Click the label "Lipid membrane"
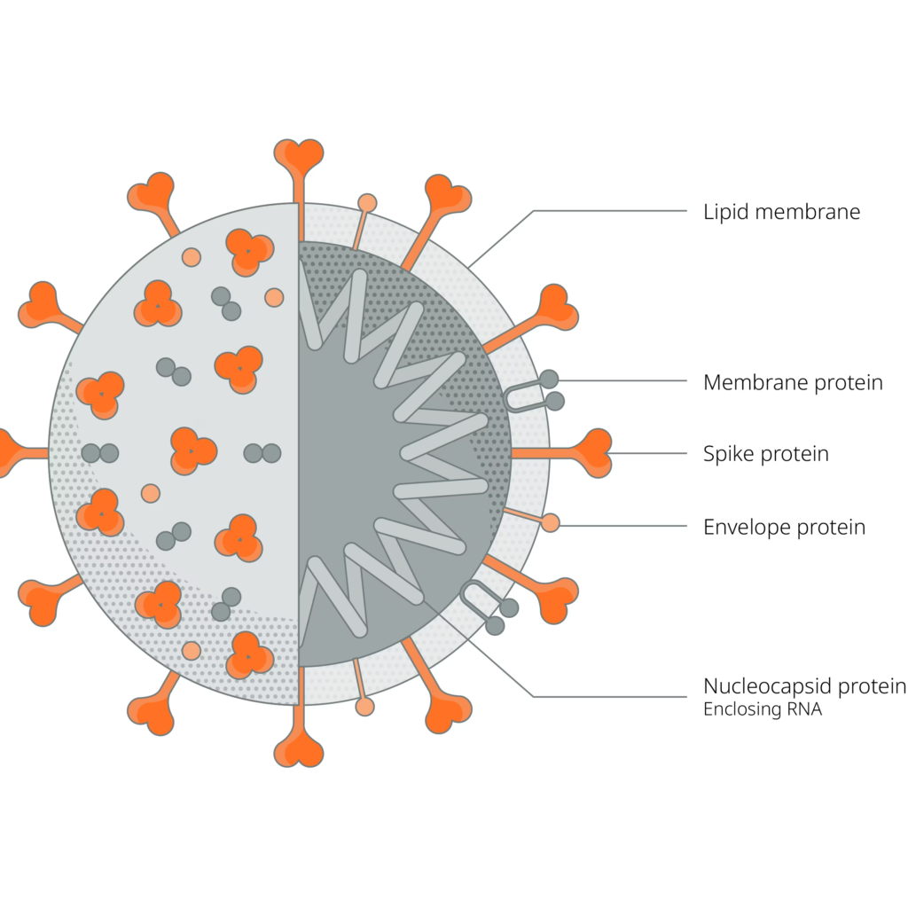point(781,213)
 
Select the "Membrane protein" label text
point(793,383)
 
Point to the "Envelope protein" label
point(784,528)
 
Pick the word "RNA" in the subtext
point(803,709)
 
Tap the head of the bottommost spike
point(298,750)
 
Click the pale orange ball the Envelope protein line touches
point(551,523)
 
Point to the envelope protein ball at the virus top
point(366,203)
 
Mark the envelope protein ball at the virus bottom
point(364,706)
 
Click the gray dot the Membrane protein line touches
point(549,380)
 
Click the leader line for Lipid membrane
point(612,211)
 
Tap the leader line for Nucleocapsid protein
point(612,696)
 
